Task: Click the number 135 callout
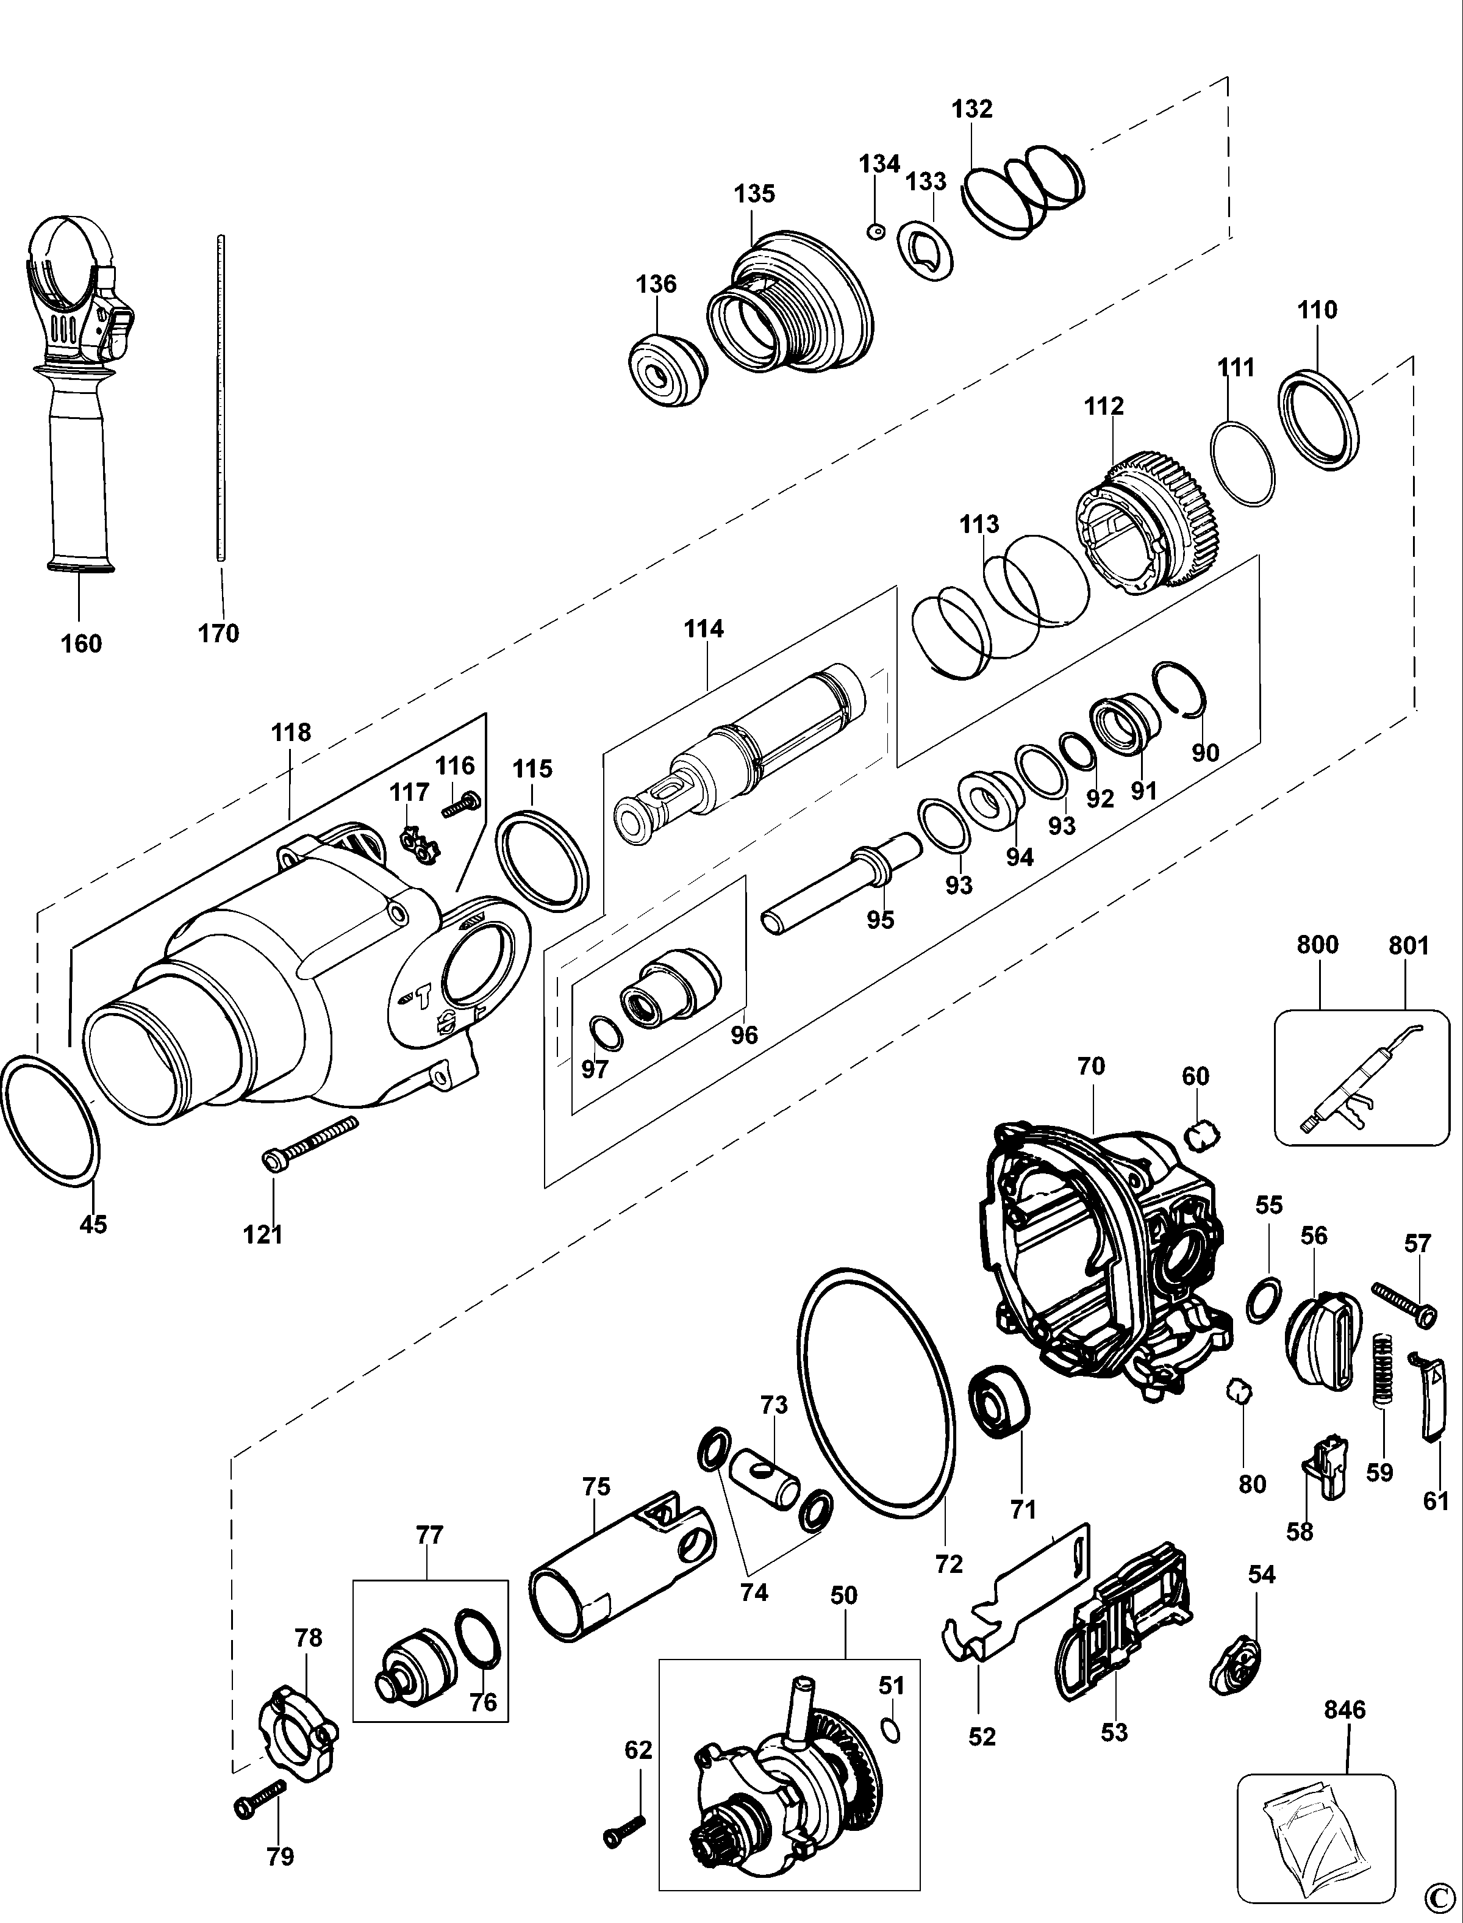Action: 754,193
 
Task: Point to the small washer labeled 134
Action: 876,232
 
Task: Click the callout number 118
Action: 291,732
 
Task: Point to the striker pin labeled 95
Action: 841,884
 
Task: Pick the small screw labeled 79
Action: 260,1803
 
